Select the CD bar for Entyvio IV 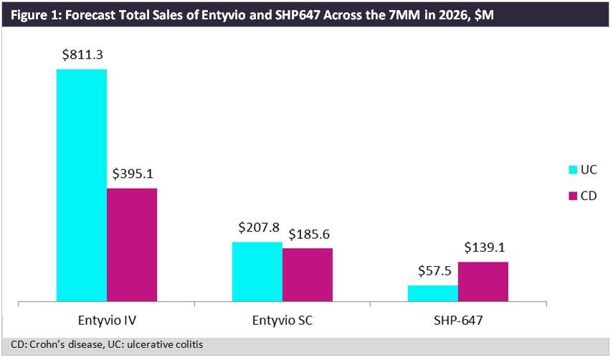point(132,245)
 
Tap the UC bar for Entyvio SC point(257,272)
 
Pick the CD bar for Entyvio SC point(308,275)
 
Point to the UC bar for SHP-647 point(433,293)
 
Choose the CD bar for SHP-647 point(483,281)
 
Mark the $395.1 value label point(133,174)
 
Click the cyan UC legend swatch point(573,171)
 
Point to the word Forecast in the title point(88,14)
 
